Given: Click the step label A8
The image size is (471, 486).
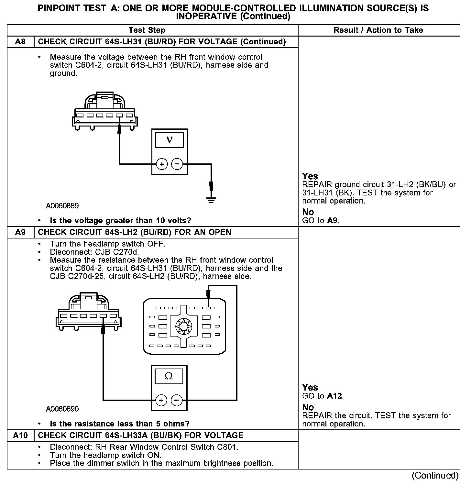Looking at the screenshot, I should [x=20, y=42].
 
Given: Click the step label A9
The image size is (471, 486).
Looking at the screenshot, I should [x=20, y=232].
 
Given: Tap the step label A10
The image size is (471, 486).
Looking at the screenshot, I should [x=20, y=436].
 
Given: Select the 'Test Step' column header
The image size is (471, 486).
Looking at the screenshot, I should [x=147, y=30].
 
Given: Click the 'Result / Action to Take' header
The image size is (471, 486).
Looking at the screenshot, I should [x=378, y=30].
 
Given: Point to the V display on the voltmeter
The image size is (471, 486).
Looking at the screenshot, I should [x=169, y=140].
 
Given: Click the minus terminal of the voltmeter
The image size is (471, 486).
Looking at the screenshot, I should [x=177, y=164].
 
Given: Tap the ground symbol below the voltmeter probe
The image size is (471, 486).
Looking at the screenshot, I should [x=211, y=200].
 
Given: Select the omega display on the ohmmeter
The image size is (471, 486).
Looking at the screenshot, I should [x=169, y=376].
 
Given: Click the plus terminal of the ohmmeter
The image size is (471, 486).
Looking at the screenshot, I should [x=161, y=401].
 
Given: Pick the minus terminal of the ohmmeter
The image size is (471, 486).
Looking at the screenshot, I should [x=176, y=401].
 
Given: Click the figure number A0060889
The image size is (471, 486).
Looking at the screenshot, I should [x=62, y=206].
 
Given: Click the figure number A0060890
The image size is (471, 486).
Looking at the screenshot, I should [x=62, y=409].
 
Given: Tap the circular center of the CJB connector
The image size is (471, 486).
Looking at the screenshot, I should [x=183, y=326].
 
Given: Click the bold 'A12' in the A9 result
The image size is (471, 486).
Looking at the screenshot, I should [x=335, y=396].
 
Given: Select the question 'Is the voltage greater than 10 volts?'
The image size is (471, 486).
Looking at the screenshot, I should [x=120, y=221].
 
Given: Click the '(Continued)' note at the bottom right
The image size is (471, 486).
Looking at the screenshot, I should [x=435, y=475].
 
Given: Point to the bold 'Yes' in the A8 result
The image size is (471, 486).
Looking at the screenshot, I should [x=310, y=176].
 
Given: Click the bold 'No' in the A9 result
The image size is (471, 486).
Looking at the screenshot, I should [x=308, y=407].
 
